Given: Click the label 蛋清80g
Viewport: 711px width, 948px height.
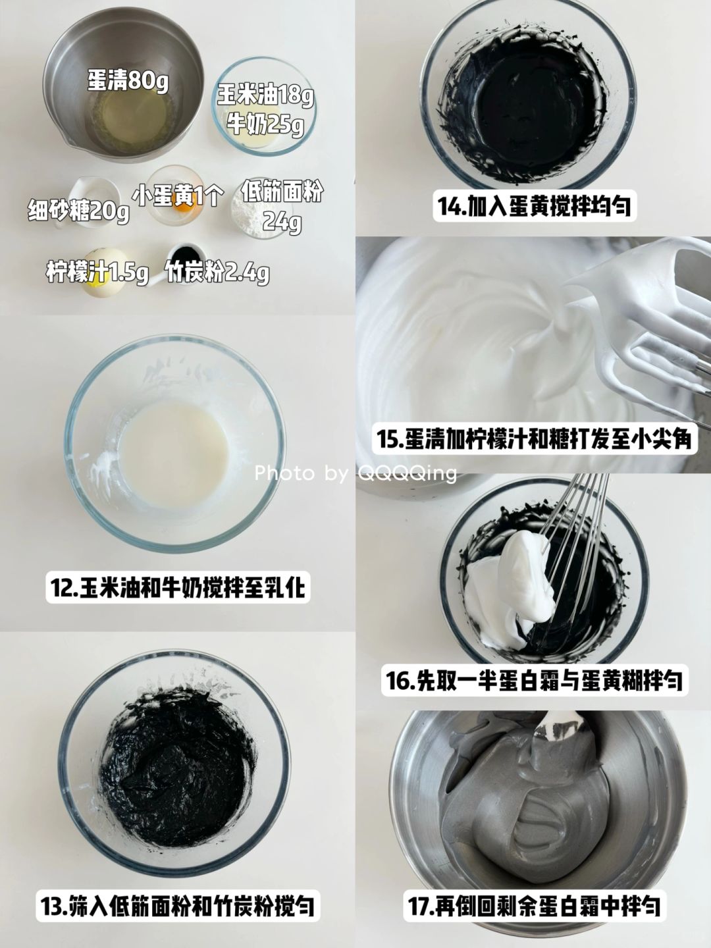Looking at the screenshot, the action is click(x=128, y=80).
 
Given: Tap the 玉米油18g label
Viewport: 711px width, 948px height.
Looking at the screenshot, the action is click(x=265, y=95).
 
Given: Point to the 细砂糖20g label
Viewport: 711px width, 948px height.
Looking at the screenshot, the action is click(x=78, y=211).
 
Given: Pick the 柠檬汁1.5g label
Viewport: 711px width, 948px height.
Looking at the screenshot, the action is click(x=97, y=273).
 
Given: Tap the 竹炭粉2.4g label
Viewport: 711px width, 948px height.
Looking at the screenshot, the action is click(x=217, y=273).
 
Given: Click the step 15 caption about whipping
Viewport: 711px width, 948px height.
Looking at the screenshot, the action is click(x=535, y=439).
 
